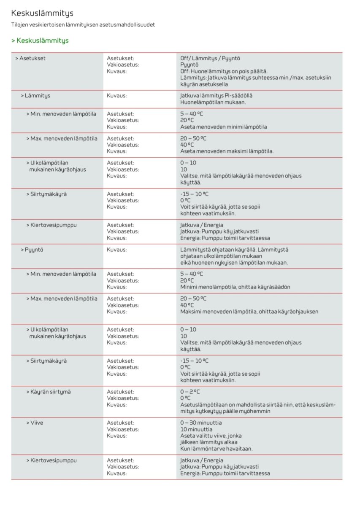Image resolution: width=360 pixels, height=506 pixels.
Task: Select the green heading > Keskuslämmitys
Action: pos(40,41)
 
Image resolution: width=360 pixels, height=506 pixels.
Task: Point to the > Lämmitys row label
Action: pos(35,96)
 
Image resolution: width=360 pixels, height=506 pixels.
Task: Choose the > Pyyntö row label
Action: pos(32,250)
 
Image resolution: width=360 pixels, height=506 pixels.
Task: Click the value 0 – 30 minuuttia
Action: pos(201,423)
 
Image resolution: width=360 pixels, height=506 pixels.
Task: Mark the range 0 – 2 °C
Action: pos(190,392)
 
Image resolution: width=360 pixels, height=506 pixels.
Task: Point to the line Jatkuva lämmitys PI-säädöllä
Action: pos(216,96)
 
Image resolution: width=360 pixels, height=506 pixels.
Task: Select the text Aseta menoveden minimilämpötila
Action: pos(223,127)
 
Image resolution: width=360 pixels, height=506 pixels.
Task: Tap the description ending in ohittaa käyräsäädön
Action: pos(235,287)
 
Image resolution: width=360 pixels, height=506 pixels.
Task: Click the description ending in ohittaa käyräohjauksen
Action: pos(249,312)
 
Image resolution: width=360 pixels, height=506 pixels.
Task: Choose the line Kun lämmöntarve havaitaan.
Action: pos(216,449)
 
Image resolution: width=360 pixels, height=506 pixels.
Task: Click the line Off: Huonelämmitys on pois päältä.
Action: pos(224,71)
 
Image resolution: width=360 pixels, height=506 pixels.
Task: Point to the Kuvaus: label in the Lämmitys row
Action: pos(116,96)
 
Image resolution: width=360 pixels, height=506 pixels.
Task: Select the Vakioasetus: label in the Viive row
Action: pos(123,429)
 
